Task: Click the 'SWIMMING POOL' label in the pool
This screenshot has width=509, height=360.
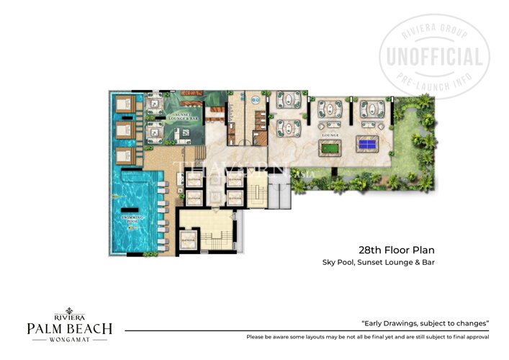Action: (x=134, y=218)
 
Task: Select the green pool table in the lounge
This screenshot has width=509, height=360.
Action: (x=330, y=149)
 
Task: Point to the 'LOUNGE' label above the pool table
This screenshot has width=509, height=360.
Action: (x=330, y=134)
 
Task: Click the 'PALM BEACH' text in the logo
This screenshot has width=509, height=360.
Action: (x=69, y=329)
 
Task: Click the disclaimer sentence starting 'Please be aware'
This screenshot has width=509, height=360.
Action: (x=368, y=337)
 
